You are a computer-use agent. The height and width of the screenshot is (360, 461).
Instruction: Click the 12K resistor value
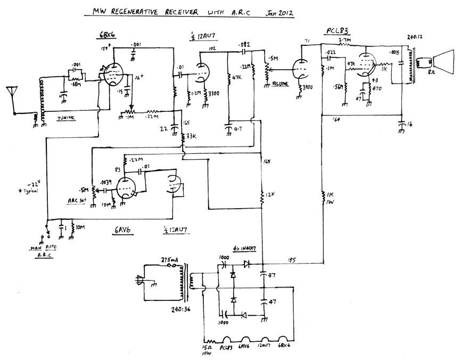pyautogui.click(x=270, y=197)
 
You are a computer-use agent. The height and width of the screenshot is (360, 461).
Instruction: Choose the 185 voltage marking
pyautogui.click(x=292, y=260)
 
